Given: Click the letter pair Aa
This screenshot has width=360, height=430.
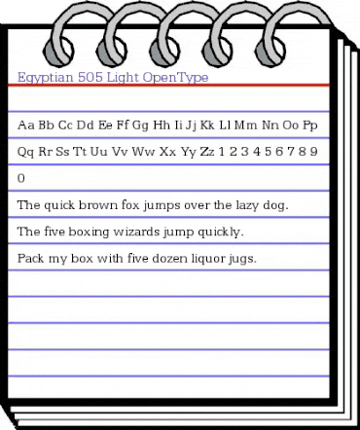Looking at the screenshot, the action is tap(27, 125).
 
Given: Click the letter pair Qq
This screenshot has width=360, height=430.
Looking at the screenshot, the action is tap(27, 152).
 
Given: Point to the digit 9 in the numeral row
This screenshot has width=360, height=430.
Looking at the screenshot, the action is tap(315, 152).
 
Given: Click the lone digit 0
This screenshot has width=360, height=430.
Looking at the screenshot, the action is tap(22, 179).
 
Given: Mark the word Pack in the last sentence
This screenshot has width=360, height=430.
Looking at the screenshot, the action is tap(31, 259).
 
